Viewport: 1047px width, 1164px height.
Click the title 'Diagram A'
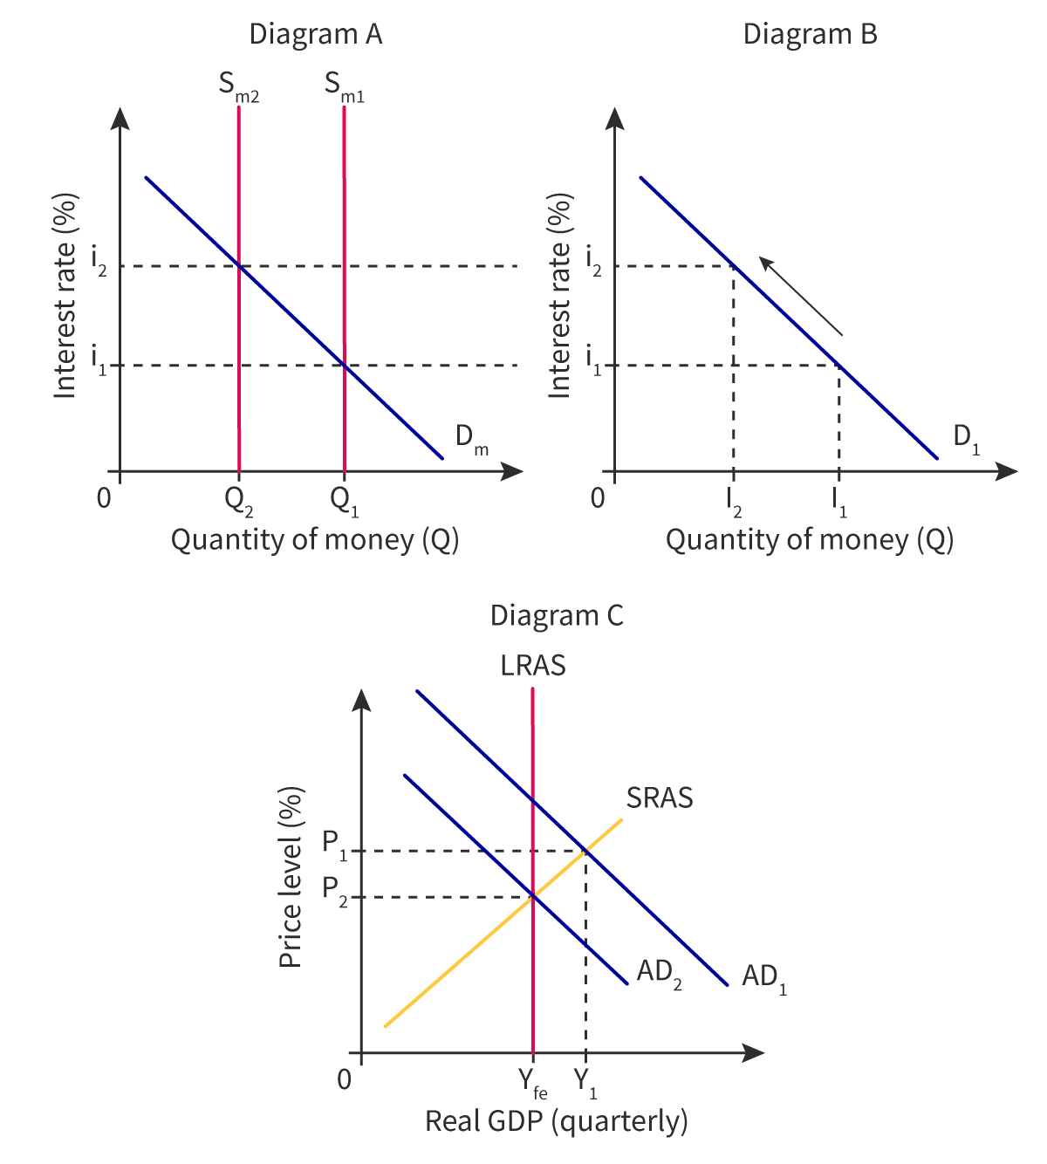[316, 35]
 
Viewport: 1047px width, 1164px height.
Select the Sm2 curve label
[238, 87]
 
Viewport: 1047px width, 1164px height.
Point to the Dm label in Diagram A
[472, 439]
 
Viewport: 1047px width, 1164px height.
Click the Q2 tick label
[238, 501]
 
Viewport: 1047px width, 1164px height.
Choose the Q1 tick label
[344, 501]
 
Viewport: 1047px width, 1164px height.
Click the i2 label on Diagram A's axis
[98, 261]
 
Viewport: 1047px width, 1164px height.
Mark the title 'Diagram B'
[810, 35]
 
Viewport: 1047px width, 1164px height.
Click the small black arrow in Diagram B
[800, 297]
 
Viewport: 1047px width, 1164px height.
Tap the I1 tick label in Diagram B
[839, 501]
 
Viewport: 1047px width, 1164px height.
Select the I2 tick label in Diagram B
[734, 501]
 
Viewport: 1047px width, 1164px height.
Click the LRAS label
[532, 666]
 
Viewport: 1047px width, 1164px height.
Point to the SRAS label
[660, 798]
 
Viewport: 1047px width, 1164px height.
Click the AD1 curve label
[764, 977]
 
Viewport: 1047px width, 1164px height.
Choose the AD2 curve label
[659, 973]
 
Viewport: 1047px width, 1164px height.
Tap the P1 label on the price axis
[335, 844]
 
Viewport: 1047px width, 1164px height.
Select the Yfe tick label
[532, 1083]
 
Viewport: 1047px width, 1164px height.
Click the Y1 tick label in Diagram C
[585, 1083]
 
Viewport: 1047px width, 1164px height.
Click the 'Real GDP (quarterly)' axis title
[556, 1121]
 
